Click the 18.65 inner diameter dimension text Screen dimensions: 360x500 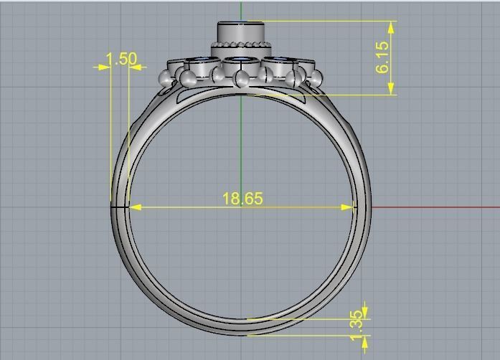pyautogui.click(x=242, y=199)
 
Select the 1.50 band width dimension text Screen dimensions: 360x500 pyautogui.click(x=121, y=58)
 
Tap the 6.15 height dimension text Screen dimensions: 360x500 pyautogui.click(x=382, y=57)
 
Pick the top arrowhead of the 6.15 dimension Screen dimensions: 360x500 pyautogui.click(x=391, y=27)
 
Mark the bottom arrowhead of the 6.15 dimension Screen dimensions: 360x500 pyautogui.click(x=391, y=89)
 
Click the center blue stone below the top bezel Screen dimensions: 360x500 pyautogui.click(x=242, y=60)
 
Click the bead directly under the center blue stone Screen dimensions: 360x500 pyautogui.click(x=242, y=77)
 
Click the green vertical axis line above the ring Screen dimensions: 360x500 pyautogui.click(x=242, y=10)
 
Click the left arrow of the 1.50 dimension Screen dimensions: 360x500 pyautogui.click(x=100, y=67)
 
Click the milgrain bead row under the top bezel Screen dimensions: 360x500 pyautogui.click(x=242, y=49)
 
